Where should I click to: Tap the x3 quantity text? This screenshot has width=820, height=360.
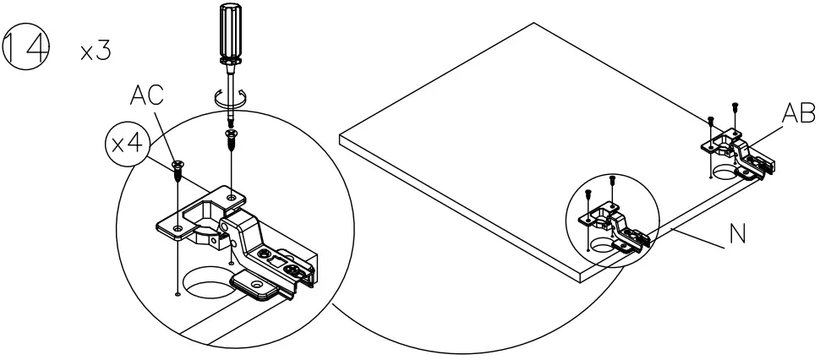coord(96,51)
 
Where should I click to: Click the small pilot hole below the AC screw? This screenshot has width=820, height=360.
coord(176,295)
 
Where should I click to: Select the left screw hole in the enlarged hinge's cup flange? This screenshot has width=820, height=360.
coord(177,228)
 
